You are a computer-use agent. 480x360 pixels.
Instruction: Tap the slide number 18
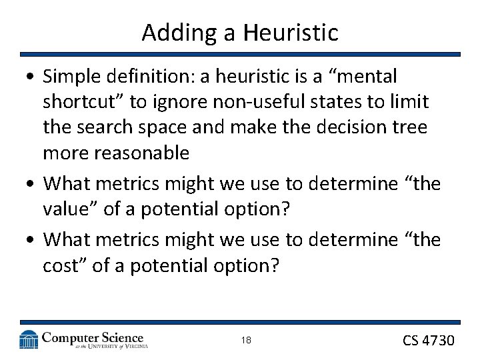click(x=246, y=341)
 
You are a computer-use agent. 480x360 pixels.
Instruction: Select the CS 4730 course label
click(x=428, y=341)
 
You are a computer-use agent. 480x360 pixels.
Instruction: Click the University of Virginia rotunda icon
click(x=29, y=340)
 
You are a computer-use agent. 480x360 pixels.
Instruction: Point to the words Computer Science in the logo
click(x=93, y=338)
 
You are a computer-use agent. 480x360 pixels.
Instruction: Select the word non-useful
click(x=227, y=102)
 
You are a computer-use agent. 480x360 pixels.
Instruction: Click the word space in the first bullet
click(x=161, y=127)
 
